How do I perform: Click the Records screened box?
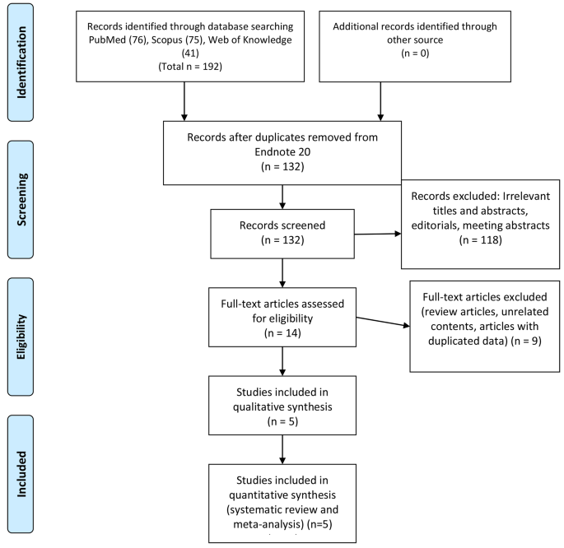point(282,235)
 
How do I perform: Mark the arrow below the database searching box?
point(184,105)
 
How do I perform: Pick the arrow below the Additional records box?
point(380,105)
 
